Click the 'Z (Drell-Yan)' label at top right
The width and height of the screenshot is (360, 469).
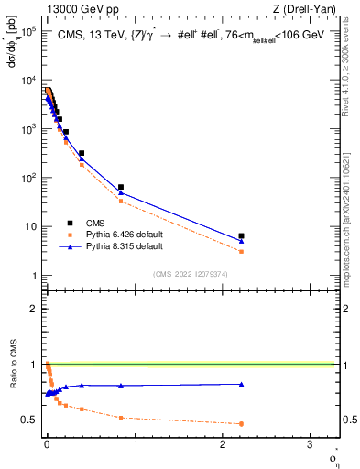tap(306, 8)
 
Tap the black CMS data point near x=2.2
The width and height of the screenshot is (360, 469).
tap(241, 235)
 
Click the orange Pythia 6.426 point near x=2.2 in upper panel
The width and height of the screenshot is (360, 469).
tap(241, 251)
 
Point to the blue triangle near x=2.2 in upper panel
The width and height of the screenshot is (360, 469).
tap(241, 241)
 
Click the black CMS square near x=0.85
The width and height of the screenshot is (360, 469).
tap(121, 187)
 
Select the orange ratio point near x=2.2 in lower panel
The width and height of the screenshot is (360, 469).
tap(241, 423)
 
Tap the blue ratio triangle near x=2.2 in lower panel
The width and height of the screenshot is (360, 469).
tap(241, 384)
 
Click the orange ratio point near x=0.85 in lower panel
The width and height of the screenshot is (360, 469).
tap(121, 418)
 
